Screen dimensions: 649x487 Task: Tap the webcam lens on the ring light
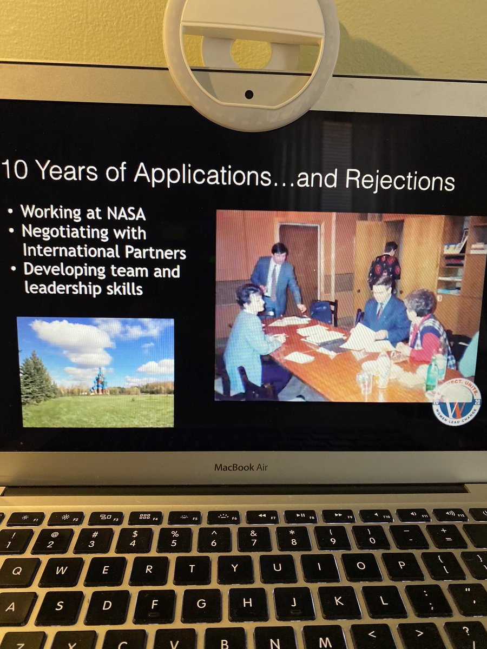[249, 94]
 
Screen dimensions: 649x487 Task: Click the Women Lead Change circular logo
[457, 402]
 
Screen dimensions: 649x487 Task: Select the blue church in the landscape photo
[100, 382]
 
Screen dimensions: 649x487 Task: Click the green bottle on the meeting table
[431, 374]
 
